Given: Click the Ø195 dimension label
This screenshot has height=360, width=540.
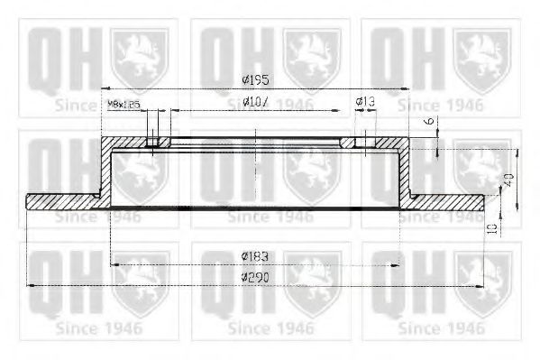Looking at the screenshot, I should click(257, 80).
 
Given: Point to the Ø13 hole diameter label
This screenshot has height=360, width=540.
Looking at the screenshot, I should click(365, 102).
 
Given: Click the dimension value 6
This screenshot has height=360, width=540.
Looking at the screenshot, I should click(430, 121).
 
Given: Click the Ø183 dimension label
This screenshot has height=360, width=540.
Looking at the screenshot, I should click(257, 256).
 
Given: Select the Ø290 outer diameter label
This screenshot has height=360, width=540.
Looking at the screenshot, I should click(257, 277).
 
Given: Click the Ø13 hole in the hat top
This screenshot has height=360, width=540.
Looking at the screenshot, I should click(360, 142).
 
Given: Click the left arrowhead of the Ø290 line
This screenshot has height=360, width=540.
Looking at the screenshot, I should click(32, 285).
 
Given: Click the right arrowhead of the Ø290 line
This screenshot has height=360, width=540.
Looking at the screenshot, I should click(481, 285).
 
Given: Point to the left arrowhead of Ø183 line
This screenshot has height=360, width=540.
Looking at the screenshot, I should click(113, 264).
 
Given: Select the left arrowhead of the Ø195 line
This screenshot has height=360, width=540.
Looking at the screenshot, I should click(103, 88).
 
